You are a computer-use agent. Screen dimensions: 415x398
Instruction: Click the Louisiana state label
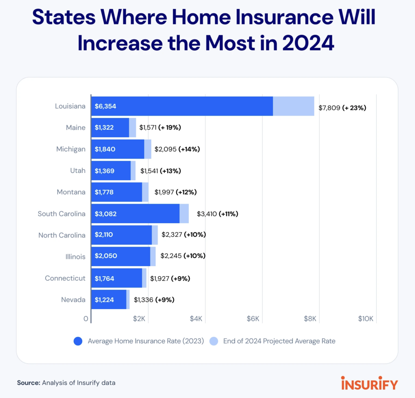[70, 106]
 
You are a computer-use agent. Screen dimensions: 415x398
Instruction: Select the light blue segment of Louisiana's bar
[293, 106]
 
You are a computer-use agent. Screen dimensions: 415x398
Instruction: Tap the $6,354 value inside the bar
[105, 106]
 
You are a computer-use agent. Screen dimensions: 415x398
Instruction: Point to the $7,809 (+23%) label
[342, 108]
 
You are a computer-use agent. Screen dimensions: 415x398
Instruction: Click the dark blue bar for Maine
[110, 128]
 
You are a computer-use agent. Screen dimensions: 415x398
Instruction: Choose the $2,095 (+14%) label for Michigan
[177, 149]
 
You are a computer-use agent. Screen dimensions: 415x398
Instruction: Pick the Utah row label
[78, 171]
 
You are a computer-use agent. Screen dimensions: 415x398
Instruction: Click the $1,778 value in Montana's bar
[104, 192]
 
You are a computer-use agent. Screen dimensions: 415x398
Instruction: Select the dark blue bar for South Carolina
[135, 213]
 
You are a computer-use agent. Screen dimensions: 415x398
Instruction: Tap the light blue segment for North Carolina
[155, 235]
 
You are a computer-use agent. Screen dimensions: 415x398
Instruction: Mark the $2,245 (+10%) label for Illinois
[183, 256]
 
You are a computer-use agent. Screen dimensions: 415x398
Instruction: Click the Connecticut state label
[65, 278]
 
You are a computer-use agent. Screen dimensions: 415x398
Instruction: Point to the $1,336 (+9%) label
[154, 300]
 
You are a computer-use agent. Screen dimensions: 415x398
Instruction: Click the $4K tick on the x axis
[196, 318]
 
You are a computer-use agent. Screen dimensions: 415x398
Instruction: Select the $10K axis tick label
[366, 318]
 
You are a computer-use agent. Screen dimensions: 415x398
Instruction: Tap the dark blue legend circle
[78, 341]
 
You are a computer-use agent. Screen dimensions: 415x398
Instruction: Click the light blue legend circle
[214, 341]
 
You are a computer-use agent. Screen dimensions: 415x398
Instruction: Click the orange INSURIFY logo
[370, 383]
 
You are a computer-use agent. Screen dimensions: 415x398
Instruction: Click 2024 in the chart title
[308, 43]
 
